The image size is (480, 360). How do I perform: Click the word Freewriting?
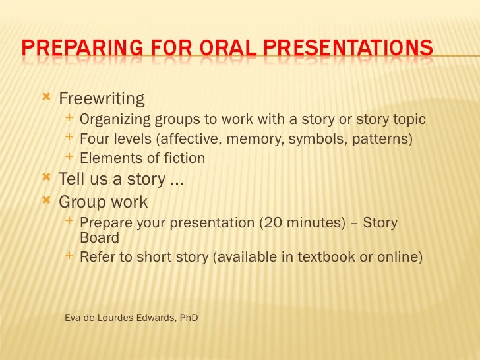pos(102,100)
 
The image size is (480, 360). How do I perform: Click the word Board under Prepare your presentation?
pos(99,238)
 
